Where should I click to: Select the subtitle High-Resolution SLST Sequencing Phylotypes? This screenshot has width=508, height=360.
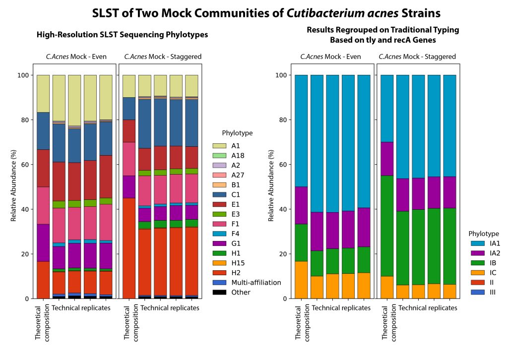[x=122, y=35]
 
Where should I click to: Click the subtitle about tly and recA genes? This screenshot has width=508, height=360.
[x=382, y=35]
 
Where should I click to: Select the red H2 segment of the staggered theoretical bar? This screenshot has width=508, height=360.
[x=129, y=248]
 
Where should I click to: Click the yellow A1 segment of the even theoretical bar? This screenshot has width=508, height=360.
[x=43, y=94]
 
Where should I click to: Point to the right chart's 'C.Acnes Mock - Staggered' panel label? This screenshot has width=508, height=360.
[x=417, y=57]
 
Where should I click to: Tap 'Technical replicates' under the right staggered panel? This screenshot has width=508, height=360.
[x=428, y=308]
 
